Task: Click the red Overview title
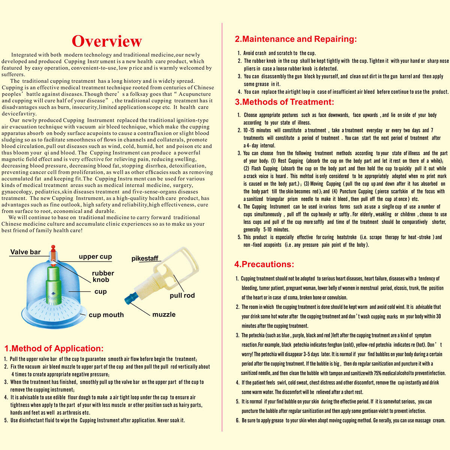click(107, 41)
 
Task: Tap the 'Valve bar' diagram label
click(25, 252)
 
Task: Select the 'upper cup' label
click(95, 256)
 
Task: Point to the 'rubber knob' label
click(103, 276)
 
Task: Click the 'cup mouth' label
click(106, 315)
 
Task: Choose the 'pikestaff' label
click(145, 258)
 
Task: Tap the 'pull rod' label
click(182, 295)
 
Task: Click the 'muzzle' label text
click(164, 314)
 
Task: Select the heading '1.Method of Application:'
click(54, 348)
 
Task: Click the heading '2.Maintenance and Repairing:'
click(296, 39)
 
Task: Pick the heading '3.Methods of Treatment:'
click(284, 102)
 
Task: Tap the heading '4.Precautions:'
click(264, 264)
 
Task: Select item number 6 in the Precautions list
click(238, 420)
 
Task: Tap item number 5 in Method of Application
click(6, 420)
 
